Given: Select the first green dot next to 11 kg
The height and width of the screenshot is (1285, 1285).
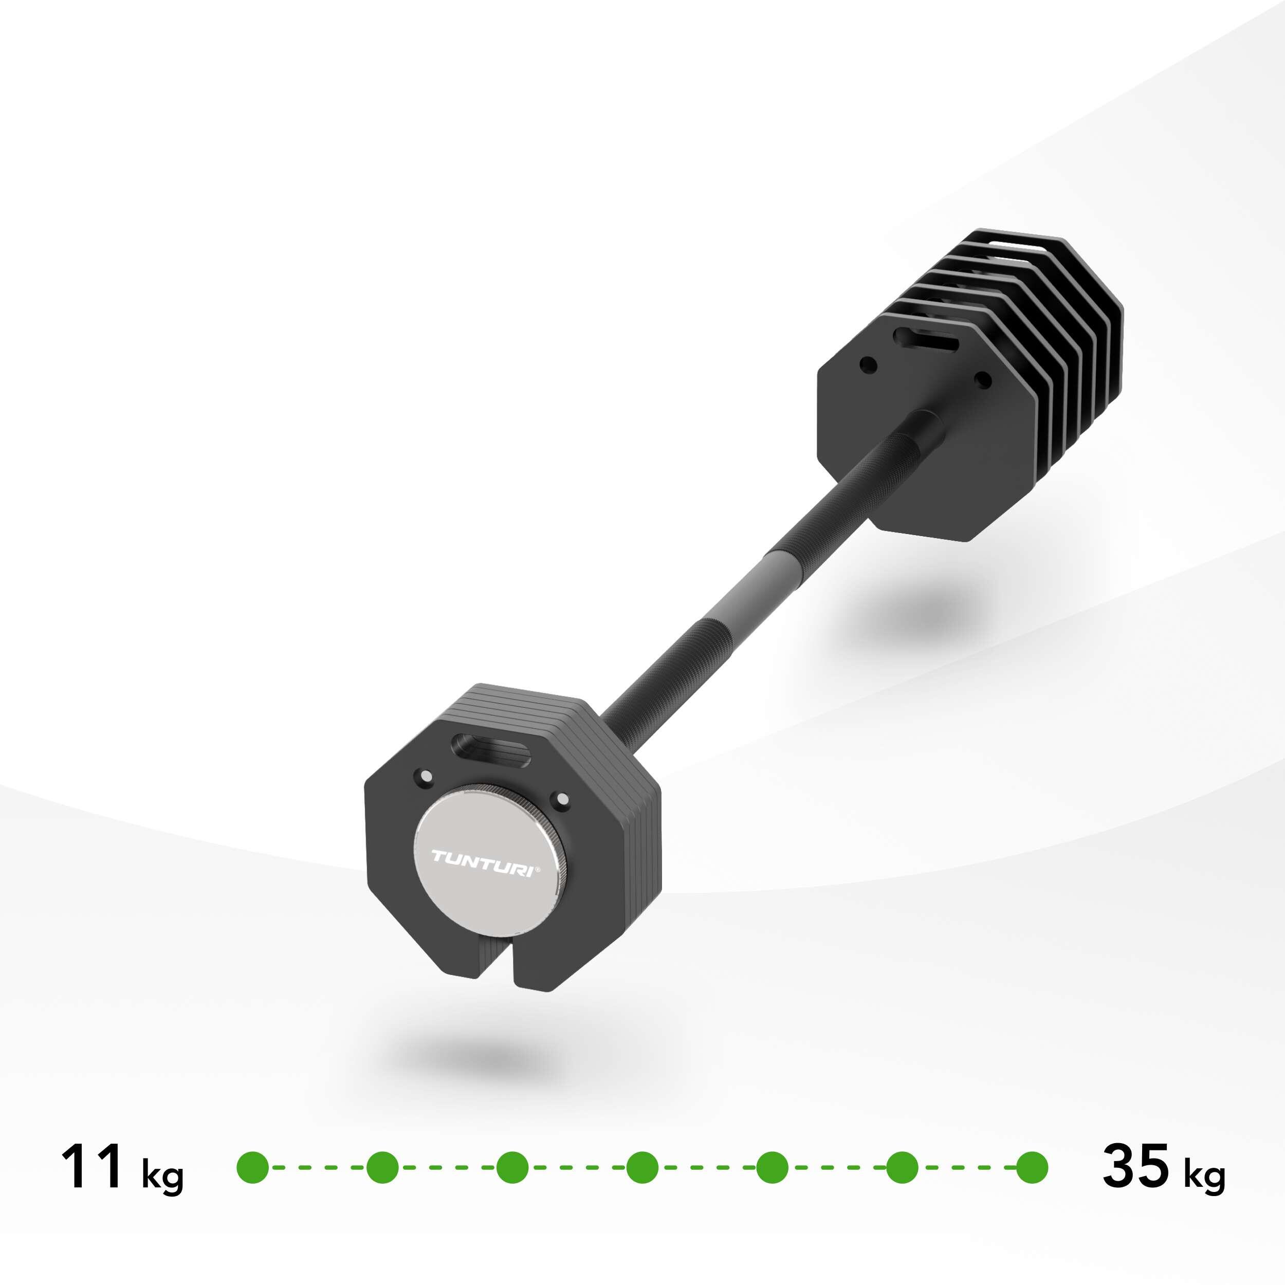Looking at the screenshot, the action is click(x=253, y=1167).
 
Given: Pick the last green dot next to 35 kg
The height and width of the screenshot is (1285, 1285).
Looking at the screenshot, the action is click(x=1032, y=1167).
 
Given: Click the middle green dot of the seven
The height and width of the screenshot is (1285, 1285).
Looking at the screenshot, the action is click(x=642, y=1167).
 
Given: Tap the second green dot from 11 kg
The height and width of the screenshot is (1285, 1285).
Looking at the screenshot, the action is click(x=382, y=1167).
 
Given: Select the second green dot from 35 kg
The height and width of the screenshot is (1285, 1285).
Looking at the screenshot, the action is click(x=903, y=1167).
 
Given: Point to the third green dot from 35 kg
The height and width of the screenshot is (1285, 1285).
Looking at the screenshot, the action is click(x=772, y=1167).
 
